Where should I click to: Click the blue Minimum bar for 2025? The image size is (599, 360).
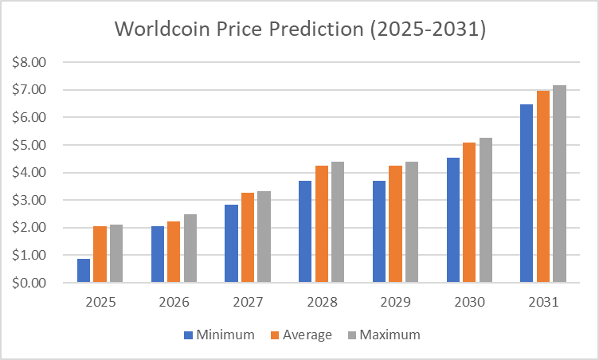pyautogui.click(x=84, y=271)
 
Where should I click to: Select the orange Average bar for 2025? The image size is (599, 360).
pyautogui.click(x=100, y=254)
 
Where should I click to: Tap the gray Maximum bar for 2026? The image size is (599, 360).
pyautogui.click(x=190, y=248)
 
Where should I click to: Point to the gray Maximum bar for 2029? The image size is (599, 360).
pyautogui.click(x=412, y=222)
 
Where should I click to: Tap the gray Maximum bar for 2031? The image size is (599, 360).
pyautogui.click(x=559, y=184)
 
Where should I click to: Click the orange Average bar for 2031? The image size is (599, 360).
pyautogui.click(x=543, y=186)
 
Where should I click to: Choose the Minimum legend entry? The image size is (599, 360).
pyautogui.click(x=219, y=335)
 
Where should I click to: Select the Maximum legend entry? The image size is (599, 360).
pyautogui.click(x=383, y=335)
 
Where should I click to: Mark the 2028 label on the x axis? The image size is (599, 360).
pyautogui.click(x=321, y=303)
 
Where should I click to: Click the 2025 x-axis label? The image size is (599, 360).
pyautogui.click(x=100, y=303)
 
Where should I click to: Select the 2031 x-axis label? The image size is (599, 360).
pyautogui.click(x=543, y=303)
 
